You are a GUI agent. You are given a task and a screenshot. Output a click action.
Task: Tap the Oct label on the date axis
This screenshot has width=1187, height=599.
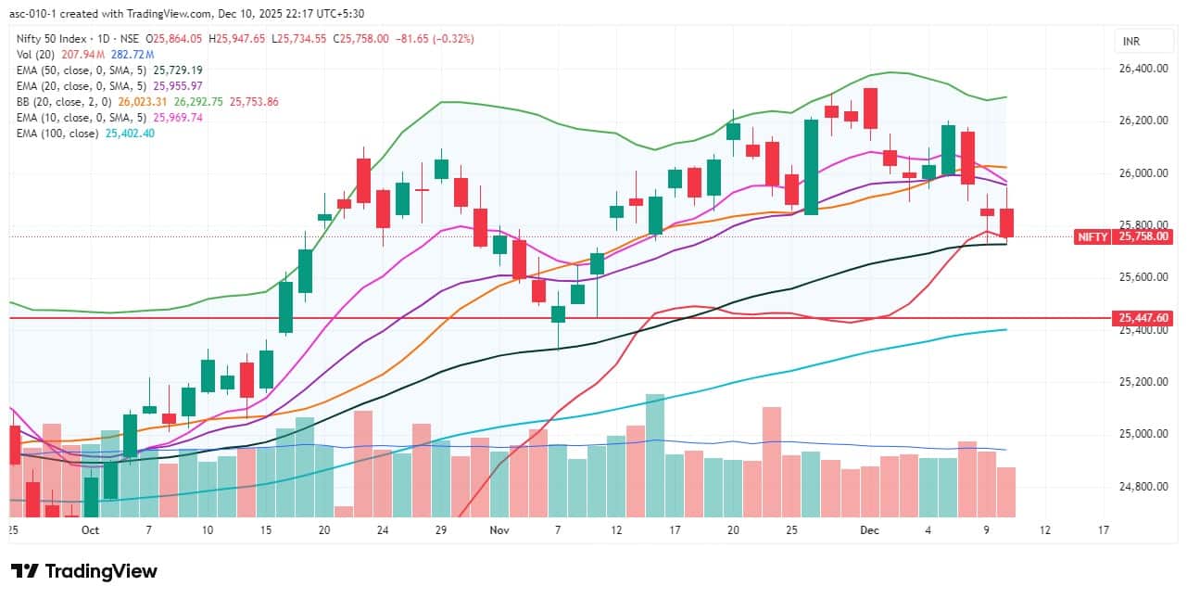point(90,530)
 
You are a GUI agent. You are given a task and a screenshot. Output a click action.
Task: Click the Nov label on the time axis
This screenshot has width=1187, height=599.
point(499,530)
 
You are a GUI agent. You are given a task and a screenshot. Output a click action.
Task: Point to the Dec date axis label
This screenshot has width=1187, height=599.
point(868,530)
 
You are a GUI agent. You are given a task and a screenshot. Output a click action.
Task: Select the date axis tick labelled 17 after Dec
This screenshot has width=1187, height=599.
point(1104,530)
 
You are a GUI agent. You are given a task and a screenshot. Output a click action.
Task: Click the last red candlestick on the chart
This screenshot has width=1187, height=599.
point(1006,223)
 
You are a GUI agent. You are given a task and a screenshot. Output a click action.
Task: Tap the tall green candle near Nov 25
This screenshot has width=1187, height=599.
point(811,167)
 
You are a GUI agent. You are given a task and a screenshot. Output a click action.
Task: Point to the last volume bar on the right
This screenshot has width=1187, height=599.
point(1006,491)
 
